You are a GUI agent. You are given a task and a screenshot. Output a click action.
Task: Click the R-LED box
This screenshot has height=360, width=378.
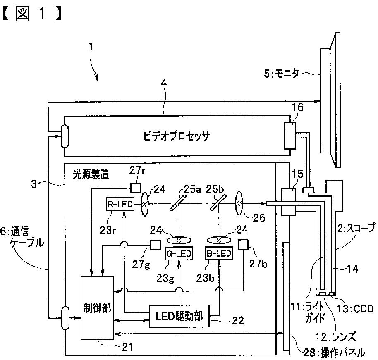[120, 204]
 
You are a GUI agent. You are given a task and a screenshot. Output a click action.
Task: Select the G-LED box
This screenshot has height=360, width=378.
[179, 253]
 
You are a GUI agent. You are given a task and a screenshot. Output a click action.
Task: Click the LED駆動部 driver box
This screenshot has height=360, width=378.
[179, 316]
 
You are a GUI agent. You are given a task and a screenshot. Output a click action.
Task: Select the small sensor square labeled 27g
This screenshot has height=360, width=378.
[155, 245]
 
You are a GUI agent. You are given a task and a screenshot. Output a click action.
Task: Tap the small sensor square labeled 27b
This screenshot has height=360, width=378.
[243, 245]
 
